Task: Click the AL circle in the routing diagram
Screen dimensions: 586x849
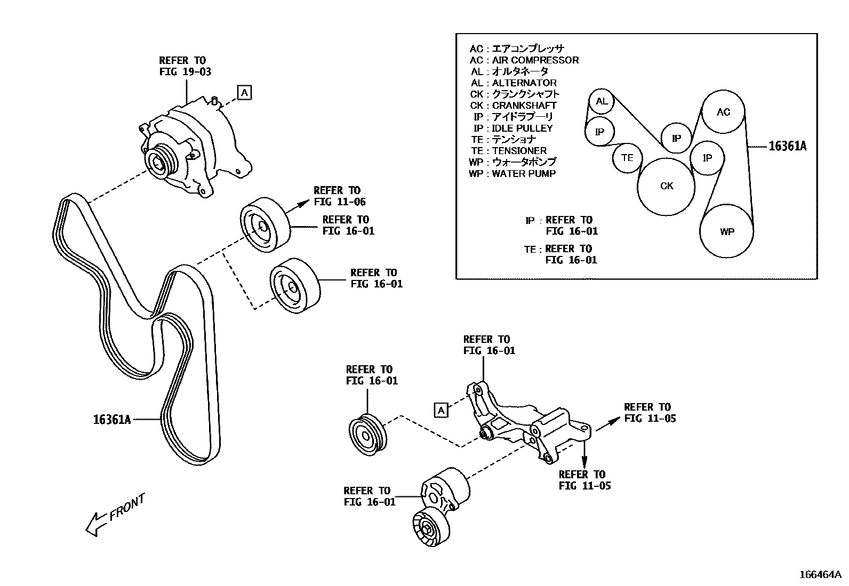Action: point(601,101)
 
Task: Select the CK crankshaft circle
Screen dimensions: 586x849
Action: point(667,186)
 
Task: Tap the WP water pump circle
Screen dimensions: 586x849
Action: point(726,231)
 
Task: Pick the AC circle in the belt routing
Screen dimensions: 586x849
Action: point(723,112)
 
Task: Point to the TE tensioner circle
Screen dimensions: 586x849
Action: point(627,157)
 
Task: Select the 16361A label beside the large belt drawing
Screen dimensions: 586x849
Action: point(112,420)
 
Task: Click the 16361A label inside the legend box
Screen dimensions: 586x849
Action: point(787,146)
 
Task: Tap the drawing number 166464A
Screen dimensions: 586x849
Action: point(820,575)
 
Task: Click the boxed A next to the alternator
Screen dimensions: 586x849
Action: point(244,92)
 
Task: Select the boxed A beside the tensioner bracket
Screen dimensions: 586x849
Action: point(441,410)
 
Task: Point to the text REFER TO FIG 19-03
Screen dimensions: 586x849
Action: point(185,66)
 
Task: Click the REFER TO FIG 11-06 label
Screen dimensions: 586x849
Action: point(339,196)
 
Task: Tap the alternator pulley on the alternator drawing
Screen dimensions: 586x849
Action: point(159,163)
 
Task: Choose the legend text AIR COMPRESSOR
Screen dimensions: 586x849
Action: point(535,60)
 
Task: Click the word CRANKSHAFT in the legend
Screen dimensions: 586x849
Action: point(524,106)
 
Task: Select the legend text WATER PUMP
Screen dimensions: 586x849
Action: point(523,173)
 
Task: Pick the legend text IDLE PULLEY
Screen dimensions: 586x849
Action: point(522,128)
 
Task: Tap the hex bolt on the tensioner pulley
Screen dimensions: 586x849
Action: point(428,528)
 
